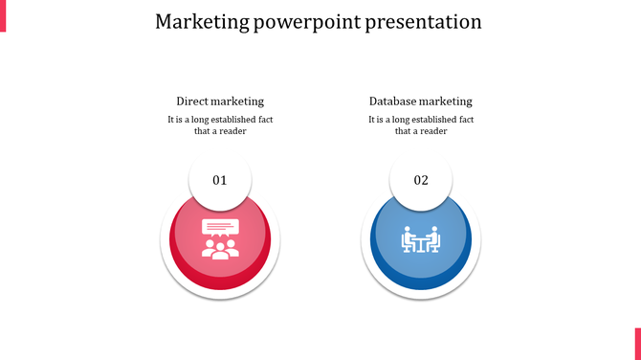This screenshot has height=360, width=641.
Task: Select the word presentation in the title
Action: [x=424, y=21]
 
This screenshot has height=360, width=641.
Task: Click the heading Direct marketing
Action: [x=220, y=101]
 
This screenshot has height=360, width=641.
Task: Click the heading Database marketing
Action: [x=421, y=101]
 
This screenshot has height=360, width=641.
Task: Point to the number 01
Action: [x=220, y=180]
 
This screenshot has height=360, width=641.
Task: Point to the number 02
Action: [x=421, y=180]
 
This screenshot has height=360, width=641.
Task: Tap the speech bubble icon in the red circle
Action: [x=219, y=228]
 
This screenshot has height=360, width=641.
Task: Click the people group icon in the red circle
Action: [x=220, y=249]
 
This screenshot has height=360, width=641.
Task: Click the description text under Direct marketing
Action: [x=220, y=125]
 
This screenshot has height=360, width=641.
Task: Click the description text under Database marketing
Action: [x=421, y=125]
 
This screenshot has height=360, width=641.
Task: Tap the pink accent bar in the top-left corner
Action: [x=3, y=15]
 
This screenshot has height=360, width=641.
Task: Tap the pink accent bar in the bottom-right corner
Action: [x=637, y=343]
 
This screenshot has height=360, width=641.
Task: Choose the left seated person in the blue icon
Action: [x=407, y=238]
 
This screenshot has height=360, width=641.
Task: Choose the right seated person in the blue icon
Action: [x=434, y=238]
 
